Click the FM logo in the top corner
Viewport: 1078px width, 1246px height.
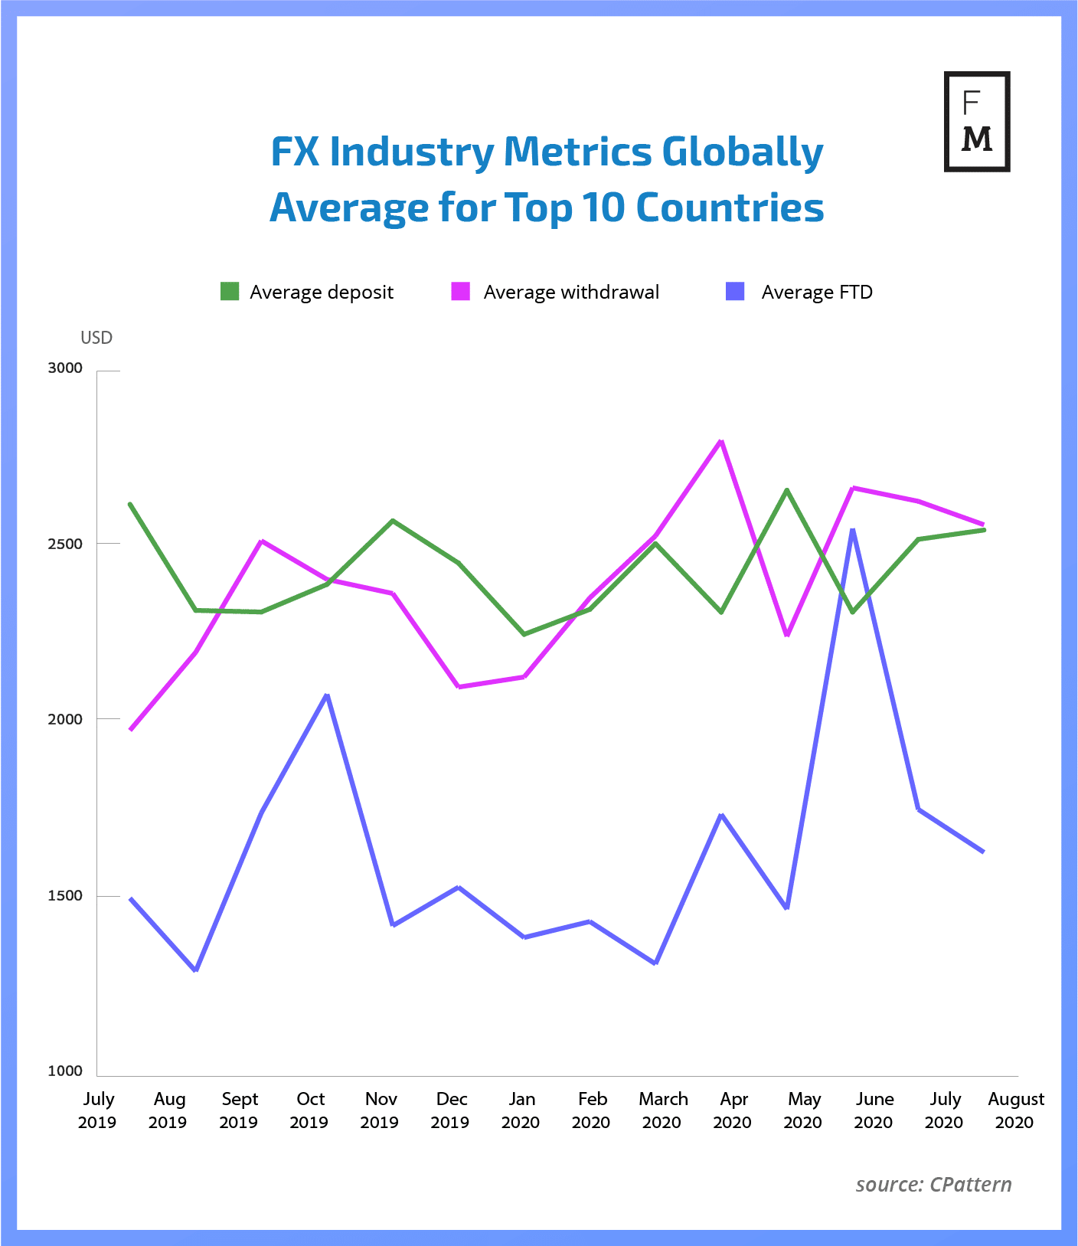tap(976, 121)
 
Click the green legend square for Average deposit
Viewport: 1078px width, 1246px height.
tap(230, 292)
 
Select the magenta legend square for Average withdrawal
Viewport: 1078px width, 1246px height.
tap(460, 292)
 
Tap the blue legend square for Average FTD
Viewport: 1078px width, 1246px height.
tap(735, 292)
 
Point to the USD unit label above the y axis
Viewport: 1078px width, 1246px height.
tap(96, 338)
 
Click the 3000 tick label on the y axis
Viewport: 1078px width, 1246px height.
tap(65, 368)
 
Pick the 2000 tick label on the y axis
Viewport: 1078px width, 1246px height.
tap(65, 720)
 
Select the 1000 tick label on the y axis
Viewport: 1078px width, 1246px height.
tap(65, 1071)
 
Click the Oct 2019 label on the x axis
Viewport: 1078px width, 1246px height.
tap(309, 1110)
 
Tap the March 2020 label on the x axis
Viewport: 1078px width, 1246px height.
tap(663, 1110)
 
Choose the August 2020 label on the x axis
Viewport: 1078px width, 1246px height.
tap(1015, 1110)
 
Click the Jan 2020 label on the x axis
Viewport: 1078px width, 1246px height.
tap(521, 1110)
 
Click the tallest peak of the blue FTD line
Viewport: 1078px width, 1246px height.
tap(852, 529)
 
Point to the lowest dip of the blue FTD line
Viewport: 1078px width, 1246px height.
tap(196, 970)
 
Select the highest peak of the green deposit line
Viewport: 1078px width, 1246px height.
tap(786, 489)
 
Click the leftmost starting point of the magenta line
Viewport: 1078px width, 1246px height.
tap(131, 730)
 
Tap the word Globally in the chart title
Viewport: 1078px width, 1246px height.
tap(742, 152)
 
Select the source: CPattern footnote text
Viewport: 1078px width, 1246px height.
tap(933, 1185)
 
